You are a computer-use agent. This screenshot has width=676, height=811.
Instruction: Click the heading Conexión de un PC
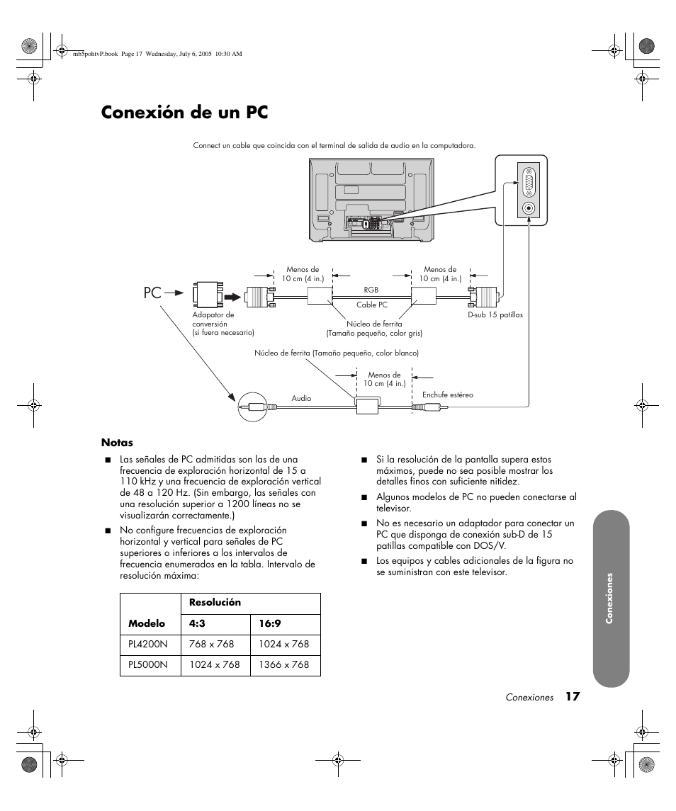184,112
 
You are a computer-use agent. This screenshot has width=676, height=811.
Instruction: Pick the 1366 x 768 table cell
284,664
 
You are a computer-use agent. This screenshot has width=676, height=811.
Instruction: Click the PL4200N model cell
148,644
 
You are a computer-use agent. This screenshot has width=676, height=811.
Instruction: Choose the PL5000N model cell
148,664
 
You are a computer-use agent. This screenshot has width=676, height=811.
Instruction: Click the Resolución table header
215,602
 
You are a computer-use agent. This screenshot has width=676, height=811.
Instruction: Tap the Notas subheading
117,443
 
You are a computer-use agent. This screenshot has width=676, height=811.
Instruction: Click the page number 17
573,697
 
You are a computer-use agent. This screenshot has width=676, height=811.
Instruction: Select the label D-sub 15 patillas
495,314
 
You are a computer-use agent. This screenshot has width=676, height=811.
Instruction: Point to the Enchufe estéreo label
447,395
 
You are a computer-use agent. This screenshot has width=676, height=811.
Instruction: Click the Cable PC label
371,305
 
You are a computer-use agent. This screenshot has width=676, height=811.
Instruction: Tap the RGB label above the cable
371,290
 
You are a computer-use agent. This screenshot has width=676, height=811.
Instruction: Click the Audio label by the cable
301,398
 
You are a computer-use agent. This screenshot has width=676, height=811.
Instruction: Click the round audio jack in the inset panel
529,209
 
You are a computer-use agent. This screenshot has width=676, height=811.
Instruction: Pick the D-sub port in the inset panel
529,183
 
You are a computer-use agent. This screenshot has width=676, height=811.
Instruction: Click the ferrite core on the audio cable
367,406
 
